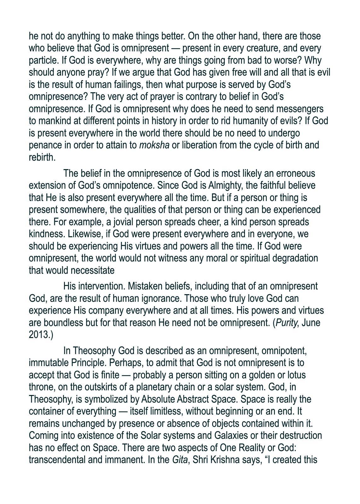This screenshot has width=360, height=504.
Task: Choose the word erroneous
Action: (x=295, y=174)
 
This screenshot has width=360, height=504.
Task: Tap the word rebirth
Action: (x=42, y=157)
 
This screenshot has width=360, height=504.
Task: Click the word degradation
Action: (x=295, y=258)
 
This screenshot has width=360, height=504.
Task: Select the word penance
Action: (x=44, y=145)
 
